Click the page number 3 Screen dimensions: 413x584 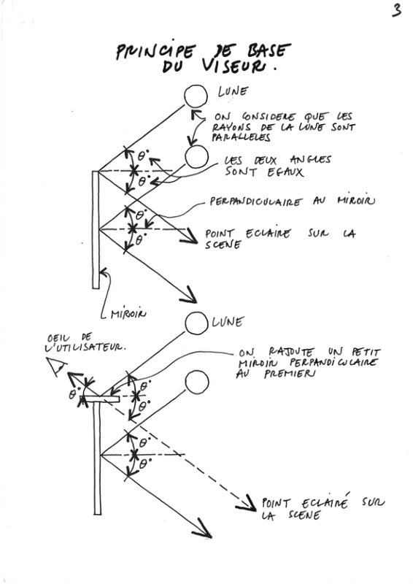[x=397, y=10]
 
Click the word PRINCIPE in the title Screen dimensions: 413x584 [x=155, y=51]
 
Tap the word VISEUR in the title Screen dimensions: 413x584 [x=235, y=66]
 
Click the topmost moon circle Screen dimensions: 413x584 [x=196, y=96]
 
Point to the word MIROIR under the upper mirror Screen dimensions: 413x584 [x=128, y=315]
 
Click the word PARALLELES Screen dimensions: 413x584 [x=241, y=137]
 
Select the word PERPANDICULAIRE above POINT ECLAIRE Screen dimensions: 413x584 [x=255, y=201]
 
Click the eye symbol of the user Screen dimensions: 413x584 [x=56, y=366]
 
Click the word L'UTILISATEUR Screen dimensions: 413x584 [x=85, y=347]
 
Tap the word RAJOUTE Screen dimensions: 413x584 [x=291, y=352]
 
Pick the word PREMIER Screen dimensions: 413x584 [x=290, y=373]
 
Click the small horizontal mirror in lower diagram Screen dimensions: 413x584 [x=101, y=399]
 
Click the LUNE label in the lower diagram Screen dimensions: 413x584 [x=228, y=322]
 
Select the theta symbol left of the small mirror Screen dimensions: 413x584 [x=73, y=394]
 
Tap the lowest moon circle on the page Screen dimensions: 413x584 [x=196, y=382]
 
